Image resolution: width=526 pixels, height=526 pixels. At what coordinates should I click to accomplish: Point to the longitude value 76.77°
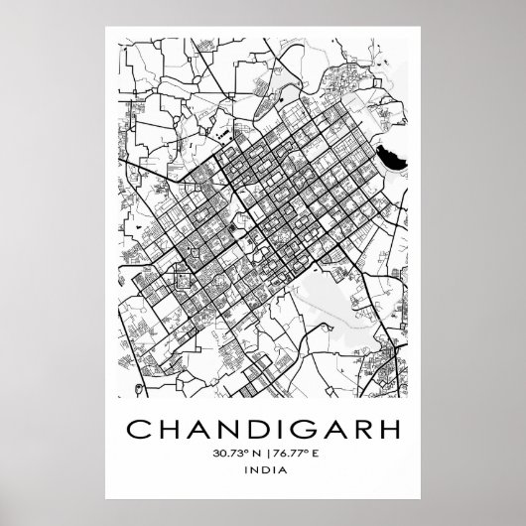(285, 456)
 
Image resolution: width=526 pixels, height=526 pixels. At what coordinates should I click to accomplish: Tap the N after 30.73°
(250, 456)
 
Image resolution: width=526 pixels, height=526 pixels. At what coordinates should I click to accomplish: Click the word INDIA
(263, 475)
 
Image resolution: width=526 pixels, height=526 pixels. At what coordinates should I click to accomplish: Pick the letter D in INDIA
(263, 475)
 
